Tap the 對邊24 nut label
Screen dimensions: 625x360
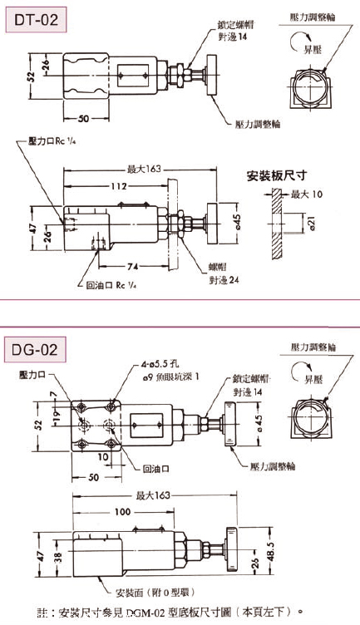pos(223,280)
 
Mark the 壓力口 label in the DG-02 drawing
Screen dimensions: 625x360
pos(34,376)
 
